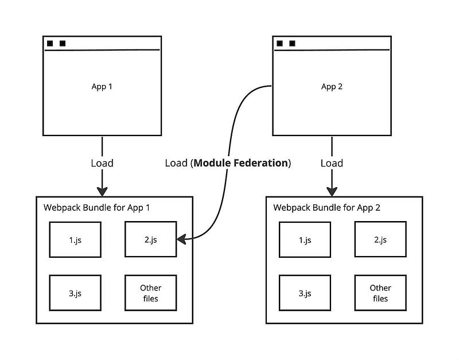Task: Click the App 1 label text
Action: (x=102, y=87)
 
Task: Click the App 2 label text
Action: (x=332, y=87)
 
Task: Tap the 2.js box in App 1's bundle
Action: (x=151, y=239)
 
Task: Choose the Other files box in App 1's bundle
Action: (x=151, y=293)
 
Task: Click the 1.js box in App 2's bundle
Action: (x=305, y=239)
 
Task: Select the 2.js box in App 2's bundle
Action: (x=380, y=239)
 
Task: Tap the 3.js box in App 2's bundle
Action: (x=305, y=293)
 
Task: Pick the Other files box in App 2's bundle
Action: (x=380, y=293)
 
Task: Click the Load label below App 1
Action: (x=102, y=163)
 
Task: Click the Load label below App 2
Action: (x=332, y=163)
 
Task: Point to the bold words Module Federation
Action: (x=240, y=163)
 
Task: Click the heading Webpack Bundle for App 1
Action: (x=96, y=207)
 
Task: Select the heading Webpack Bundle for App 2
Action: (x=326, y=207)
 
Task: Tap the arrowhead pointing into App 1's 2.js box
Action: (x=181, y=238)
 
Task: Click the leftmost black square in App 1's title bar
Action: (x=50, y=43)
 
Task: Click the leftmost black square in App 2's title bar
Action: (x=279, y=43)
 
